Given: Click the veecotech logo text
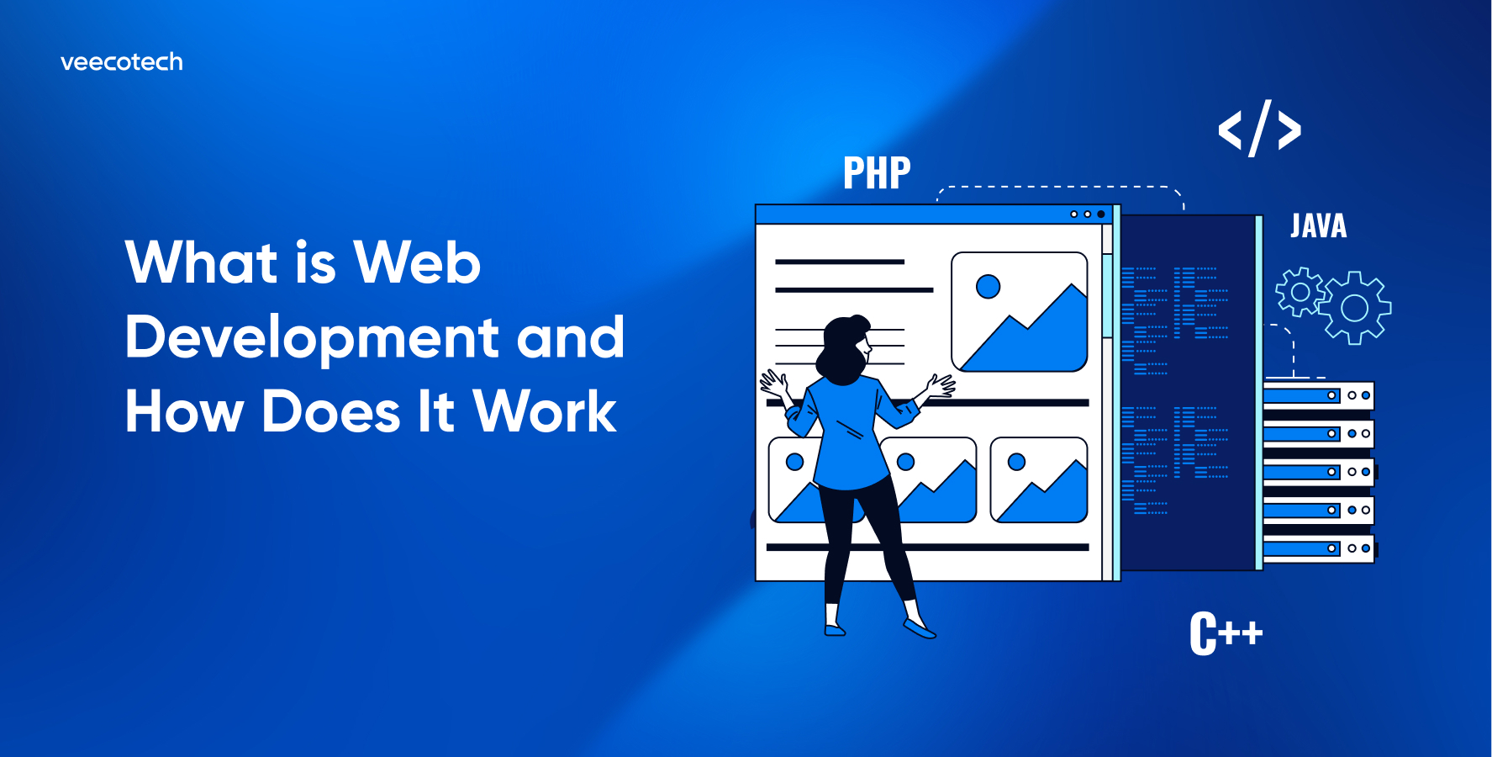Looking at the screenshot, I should (x=122, y=62).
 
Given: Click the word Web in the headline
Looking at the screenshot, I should (x=417, y=262).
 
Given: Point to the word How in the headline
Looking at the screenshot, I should (x=184, y=412).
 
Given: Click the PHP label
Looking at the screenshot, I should (x=877, y=173).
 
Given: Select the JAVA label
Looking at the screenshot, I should (x=1318, y=226).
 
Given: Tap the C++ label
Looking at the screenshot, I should (x=1226, y=633).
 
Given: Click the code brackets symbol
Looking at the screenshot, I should (x=1259, y=130).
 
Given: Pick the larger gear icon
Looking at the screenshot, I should (x=1354, y=308).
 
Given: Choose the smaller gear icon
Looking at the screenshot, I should (x=1300, y=292).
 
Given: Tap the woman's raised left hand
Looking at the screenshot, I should (x=773, y=384).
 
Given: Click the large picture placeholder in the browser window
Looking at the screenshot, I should (x=1019, y=312).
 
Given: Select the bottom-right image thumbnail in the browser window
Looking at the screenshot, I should (x=1039, y=480).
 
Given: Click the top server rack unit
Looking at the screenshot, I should (x=1317, y=395).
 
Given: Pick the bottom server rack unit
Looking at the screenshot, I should (x=1317, y=548).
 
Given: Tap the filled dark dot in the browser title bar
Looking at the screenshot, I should (x=1100, y=214).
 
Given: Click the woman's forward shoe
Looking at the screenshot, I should (x=919, y=628).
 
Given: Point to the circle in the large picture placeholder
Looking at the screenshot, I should (x=988, y=287).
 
